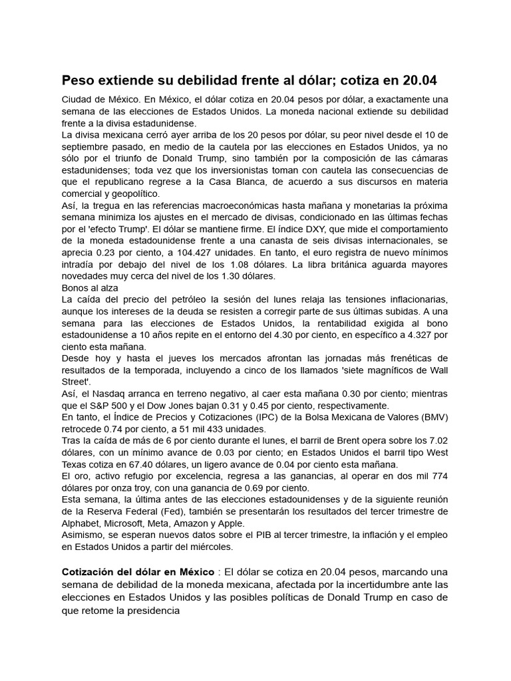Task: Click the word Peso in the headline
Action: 79,80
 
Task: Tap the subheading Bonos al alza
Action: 90,287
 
